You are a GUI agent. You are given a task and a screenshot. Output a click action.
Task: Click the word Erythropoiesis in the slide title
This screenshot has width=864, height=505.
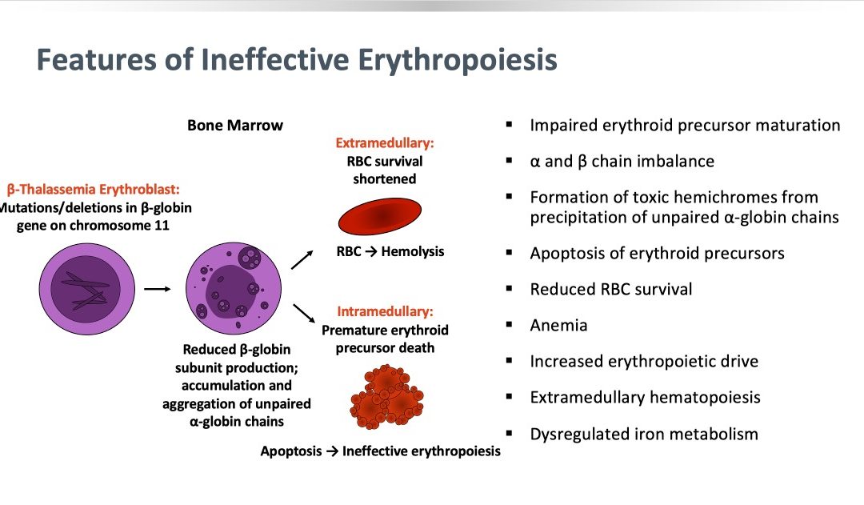point(458,60)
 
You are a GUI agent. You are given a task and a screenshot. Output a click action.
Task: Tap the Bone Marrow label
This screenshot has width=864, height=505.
point(235,125)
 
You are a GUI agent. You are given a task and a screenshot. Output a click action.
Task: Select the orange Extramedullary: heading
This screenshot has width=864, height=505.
point(385,142)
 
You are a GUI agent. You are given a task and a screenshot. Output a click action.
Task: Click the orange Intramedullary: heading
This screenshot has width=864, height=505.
point(385,311)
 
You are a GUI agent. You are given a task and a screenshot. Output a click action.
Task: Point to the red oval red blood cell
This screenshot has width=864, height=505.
point(380,216)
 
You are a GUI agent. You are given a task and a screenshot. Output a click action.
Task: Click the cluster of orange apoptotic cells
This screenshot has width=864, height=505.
point(386,397)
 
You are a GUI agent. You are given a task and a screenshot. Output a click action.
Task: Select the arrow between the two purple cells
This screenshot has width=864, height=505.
point(158,289)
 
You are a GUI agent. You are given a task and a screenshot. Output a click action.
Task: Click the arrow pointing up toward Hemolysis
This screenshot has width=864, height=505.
point(302,259)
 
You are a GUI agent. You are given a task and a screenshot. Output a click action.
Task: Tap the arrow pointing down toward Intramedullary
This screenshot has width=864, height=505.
point(304,313)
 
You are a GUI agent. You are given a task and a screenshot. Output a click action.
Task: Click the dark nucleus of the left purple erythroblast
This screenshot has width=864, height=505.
point(86,290)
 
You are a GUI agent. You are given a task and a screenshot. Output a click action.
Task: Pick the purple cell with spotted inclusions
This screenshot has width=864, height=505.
point(234,288)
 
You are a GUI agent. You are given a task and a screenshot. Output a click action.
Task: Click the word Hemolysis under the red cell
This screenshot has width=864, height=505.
point(413,251)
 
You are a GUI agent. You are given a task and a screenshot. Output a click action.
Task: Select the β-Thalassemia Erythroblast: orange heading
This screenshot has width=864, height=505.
point(93,190)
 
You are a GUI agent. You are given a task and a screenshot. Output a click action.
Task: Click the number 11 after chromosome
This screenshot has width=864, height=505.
point(162,226)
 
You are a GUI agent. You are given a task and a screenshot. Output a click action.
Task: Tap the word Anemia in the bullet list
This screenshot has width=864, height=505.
point(558,325)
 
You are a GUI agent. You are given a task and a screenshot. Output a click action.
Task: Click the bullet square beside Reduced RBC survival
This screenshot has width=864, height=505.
point(509,288)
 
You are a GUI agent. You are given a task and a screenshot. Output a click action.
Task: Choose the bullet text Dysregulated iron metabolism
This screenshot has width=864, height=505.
point(644,434)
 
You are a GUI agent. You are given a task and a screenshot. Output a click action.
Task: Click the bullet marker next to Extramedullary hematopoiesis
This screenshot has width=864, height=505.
point(509,396)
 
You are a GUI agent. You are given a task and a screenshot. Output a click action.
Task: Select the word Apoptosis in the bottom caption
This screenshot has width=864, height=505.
point(291,451)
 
